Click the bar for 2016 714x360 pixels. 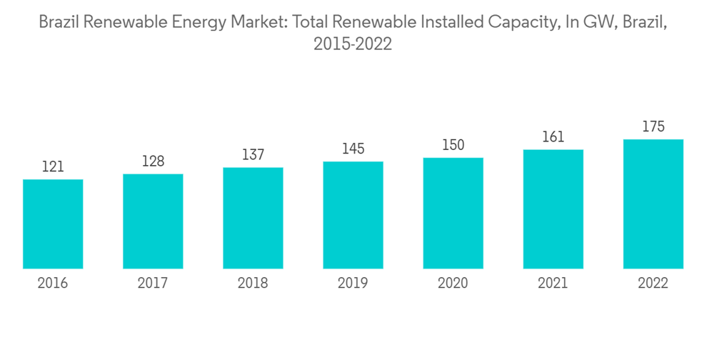[x=53, y=224]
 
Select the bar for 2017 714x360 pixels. [x=153, y=221]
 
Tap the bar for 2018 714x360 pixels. [x=253, y=218]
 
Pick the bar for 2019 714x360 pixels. [x=353, y=215]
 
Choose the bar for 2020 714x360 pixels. [x=453, y=213]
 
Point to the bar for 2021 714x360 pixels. [x=553, y=209]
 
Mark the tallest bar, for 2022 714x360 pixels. [x=653, y=204]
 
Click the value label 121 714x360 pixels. [x=53, y=167]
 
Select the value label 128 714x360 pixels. [x=153, y=162]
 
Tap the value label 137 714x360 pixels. [x=253, y=156]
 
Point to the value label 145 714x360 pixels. [x=353, y=149]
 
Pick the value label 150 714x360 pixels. [x=453, y=146]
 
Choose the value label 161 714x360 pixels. [x=553, y=137]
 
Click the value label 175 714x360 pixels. [x=653, y=127]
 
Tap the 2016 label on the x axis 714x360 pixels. [x=53, y=284]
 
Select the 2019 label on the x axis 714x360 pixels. [x=353, y=284]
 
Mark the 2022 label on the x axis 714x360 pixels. [x=653, y=284]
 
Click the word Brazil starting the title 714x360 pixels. [x=59, y=22]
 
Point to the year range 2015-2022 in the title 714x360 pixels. [x=353, y=44]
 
